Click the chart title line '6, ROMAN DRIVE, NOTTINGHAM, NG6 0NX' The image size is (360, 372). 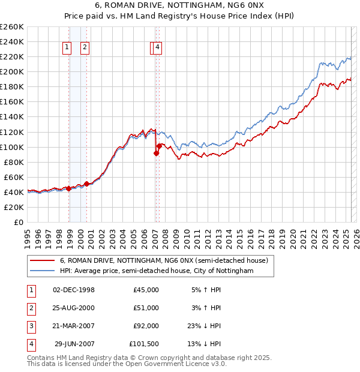click(179, 7)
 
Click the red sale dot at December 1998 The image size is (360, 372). click(69, 188)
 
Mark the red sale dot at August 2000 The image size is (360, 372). click(87, 184)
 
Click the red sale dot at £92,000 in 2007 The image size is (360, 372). click(156, 153)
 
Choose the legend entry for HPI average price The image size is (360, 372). click(157, 271)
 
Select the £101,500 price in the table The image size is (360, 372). click(144, 344)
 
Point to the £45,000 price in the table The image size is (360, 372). click(146, 290)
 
